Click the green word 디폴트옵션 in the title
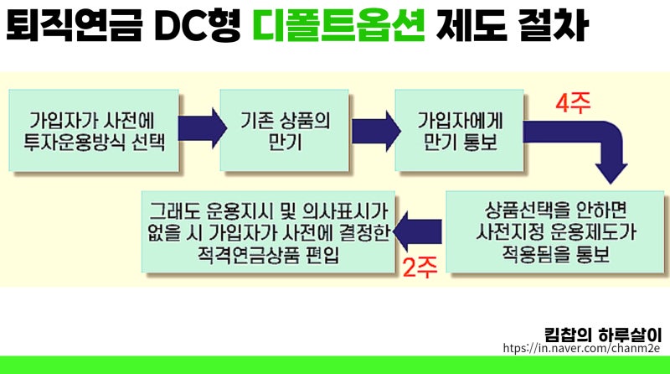tap(338, 25)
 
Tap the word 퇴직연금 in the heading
tap(74, 25)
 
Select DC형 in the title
tap(198, 26)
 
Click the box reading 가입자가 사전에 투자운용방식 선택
tap(94, 131)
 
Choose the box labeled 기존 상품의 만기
tap(285, 131)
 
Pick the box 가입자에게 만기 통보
tap(459, 131)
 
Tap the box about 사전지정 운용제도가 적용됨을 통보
tap(555, 231)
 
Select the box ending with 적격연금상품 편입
tap(268, 231)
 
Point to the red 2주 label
tap(420, 268)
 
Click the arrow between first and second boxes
tap(202, 128)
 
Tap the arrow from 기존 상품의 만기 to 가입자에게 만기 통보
tap(376, 131)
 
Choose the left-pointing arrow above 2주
tap(417, 231)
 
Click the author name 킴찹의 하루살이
tap(603, 335)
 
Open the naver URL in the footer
tap(581, 348)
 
